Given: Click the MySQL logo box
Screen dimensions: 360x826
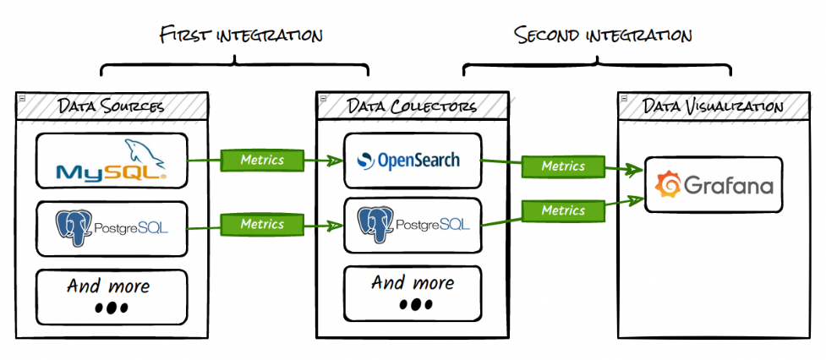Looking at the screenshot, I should (112, 161).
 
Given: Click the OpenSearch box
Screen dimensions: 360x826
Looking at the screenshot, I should (413, 160).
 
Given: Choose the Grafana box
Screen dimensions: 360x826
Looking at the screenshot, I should (714, 184).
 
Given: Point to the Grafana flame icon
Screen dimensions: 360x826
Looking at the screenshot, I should (668, 184).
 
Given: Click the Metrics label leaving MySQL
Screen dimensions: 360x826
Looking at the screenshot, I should (262, 159).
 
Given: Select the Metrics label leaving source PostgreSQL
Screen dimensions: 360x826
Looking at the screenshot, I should (262, 224).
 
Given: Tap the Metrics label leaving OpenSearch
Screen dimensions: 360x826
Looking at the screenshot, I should (563, 166).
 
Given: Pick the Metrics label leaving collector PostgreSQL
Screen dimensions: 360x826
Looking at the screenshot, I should (563, 210).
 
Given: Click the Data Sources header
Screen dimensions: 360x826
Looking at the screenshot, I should (111, 106).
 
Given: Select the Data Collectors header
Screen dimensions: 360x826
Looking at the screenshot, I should (412, 106).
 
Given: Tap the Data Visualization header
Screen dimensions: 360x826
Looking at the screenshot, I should (713, 106).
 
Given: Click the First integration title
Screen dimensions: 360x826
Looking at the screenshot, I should (241, 35).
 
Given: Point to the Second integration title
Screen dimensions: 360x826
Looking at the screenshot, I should (603, 35).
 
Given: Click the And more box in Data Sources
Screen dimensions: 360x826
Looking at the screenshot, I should (112, 296).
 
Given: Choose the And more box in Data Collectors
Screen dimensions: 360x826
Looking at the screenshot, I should (413, 293).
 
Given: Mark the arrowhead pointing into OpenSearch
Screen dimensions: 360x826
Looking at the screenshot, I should (336, 160).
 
